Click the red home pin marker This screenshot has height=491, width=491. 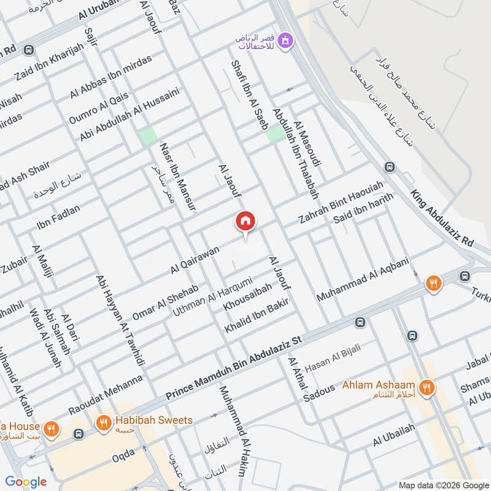click(245, 221)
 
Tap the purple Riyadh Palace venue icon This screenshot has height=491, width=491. click(285, 42)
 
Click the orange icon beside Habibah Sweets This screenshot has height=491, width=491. click(102, 422)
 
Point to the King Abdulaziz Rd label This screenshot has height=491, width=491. click(442, 218)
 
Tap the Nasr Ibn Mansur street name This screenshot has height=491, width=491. click(177, 177)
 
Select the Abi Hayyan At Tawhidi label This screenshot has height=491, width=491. click(120, 320)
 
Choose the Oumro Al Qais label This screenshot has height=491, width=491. click(99, 106)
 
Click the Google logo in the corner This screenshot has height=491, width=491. click(26, 482)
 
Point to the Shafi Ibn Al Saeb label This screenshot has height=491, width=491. click(243, 93)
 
